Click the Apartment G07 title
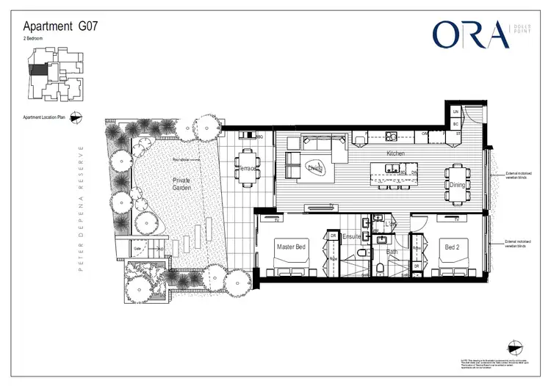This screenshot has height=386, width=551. click(x=60, y=26)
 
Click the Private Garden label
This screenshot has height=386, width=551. click(x=181, y=183)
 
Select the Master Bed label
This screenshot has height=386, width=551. click(x=291, y=247)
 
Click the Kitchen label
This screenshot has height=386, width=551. click(x=396, y=154)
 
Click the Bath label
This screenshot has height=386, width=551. click(x=392, y=252)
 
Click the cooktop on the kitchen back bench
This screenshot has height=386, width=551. click(x=391, y=135)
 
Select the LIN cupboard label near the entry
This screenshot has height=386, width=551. click(x=455, y=112)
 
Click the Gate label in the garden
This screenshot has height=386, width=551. click(x=137, y=249)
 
